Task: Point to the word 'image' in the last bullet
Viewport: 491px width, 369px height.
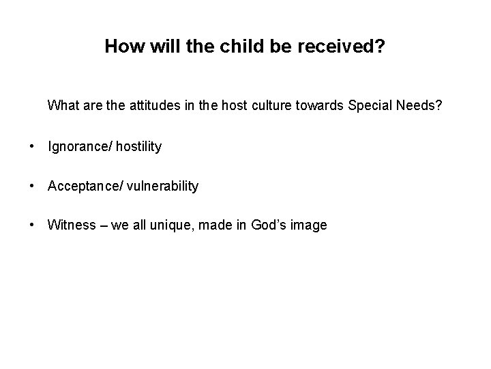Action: point(311,225)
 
